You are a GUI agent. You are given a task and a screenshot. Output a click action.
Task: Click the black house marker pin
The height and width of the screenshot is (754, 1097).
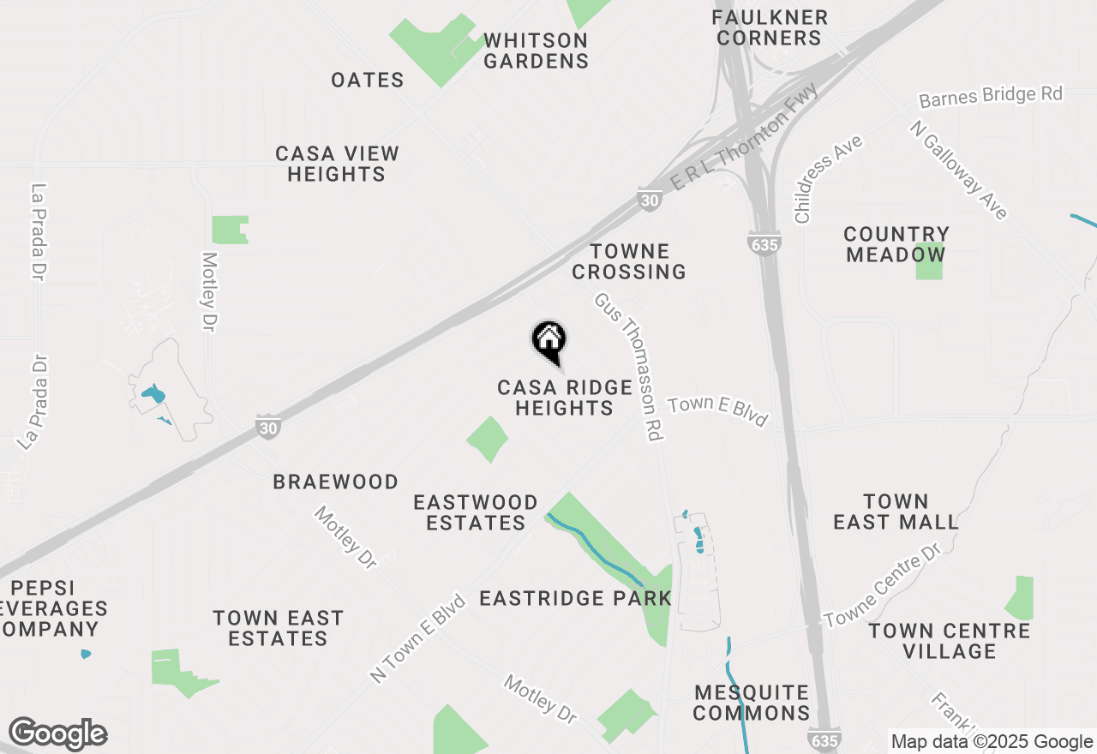pos(548,339)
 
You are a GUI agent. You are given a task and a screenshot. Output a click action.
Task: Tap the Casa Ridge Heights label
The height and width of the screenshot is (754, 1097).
pos(564,398)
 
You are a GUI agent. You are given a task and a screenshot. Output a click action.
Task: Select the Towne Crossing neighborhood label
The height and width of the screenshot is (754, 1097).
pos(629,261)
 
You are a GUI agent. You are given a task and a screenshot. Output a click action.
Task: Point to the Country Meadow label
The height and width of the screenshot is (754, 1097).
pos(896,244)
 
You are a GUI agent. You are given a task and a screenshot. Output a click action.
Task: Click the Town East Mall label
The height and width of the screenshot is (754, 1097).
pos(896,512)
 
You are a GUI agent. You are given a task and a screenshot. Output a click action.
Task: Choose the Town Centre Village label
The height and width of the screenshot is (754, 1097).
pos(949,641)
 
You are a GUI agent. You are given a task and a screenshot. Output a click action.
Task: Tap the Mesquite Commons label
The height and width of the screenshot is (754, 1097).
pos(752,703)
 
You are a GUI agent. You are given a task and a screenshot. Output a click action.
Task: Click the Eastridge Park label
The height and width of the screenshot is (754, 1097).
pos(575,598)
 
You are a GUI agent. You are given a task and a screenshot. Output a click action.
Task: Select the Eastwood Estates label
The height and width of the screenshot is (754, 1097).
pos(476,512)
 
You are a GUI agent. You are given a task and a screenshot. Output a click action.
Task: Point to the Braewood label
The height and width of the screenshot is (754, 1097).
pos(336,482)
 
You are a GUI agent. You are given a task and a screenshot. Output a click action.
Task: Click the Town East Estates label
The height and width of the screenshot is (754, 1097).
pos(279,628)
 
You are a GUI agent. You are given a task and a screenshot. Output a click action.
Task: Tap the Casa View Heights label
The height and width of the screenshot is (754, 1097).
pos(337,164)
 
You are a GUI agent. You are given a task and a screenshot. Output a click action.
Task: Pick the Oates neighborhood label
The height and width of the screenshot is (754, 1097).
pos(368,81)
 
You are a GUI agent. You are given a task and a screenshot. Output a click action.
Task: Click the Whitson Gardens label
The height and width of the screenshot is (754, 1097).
pos(536,51)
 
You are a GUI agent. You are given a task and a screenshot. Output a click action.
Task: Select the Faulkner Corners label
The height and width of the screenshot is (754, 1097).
pos(770,27)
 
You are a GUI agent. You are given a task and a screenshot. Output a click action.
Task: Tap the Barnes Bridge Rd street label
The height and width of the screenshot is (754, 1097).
pos(991,95)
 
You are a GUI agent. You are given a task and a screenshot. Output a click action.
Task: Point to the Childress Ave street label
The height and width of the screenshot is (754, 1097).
pos(827,179)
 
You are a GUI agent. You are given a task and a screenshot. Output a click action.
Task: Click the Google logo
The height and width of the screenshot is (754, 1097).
pos(57,734)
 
